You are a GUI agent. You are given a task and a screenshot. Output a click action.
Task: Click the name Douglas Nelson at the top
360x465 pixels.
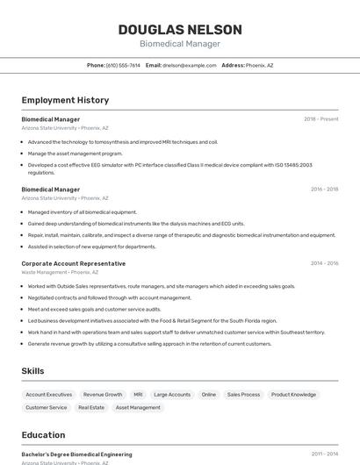pos(180,29)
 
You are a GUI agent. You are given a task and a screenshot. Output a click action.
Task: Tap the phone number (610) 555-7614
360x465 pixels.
pos(123,65)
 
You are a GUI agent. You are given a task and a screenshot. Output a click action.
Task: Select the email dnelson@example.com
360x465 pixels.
pos(190,65)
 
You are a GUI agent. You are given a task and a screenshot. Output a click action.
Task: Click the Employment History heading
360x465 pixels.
pos(65,100)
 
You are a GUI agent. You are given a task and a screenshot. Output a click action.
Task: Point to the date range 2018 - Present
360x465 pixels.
pos(321,119)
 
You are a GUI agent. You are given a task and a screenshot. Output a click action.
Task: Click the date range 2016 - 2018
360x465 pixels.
pos(324,190)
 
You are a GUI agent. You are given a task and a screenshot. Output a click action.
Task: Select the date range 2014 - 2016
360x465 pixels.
pos(324,263)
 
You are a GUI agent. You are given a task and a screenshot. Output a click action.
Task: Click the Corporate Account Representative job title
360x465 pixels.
pos(74,263)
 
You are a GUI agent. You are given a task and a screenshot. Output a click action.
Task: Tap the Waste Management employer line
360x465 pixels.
pos(65,272)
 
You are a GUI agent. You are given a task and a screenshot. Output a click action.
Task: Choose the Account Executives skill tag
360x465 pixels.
pos(49,395)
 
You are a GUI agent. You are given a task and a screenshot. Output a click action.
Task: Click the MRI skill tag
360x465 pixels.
pos(138,395)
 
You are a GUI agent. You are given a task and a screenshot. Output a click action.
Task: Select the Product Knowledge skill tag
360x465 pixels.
pos(293,395)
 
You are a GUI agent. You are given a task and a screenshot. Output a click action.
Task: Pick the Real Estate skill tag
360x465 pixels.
pos(91,407)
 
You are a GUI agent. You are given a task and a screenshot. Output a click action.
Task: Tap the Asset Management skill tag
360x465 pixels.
pos(138,407)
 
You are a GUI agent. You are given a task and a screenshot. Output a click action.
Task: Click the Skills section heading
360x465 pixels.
pos(33,371)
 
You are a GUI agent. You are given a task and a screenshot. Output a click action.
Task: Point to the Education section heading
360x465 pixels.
pos(43,435)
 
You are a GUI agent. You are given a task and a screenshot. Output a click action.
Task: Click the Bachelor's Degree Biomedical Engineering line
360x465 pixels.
pos(77,454)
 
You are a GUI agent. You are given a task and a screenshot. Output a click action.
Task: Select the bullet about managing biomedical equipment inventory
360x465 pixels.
pos(83,212)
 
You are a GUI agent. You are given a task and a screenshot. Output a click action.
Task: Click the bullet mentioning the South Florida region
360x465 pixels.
pos(152,321)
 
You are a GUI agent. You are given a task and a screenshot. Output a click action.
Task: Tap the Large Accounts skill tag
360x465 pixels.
pos(172,395)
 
